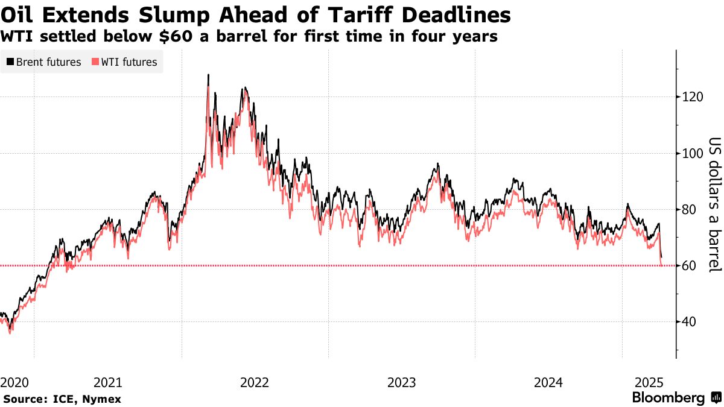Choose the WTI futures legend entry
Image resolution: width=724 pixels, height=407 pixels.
pyautogui.click(x=124, y=62)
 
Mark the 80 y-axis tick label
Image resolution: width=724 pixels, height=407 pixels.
pyautogui.click(x=688, y=209)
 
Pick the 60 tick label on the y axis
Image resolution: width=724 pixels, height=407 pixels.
pyautogui.click(x=688, y=266)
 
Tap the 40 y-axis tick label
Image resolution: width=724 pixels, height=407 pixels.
pyautogui.click(x=688, y=322)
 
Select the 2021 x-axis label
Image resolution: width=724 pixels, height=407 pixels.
pyautogui.click(x=109, y=382)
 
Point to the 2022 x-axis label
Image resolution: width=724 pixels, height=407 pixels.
pyautogui.click(x=254, y=382)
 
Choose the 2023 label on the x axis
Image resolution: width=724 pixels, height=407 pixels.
pyautogui.click(x=402, y=382)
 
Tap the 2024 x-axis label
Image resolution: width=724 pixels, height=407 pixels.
pyautogui.click(x=549, y=382)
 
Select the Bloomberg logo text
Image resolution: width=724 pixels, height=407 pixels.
pyautogui.click(x=668, y=398)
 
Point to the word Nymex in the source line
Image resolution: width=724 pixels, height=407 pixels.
pyautogui.click(x=102, y=399)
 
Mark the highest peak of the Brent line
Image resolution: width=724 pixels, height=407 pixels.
pyautogui.click(x=208, y=75)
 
